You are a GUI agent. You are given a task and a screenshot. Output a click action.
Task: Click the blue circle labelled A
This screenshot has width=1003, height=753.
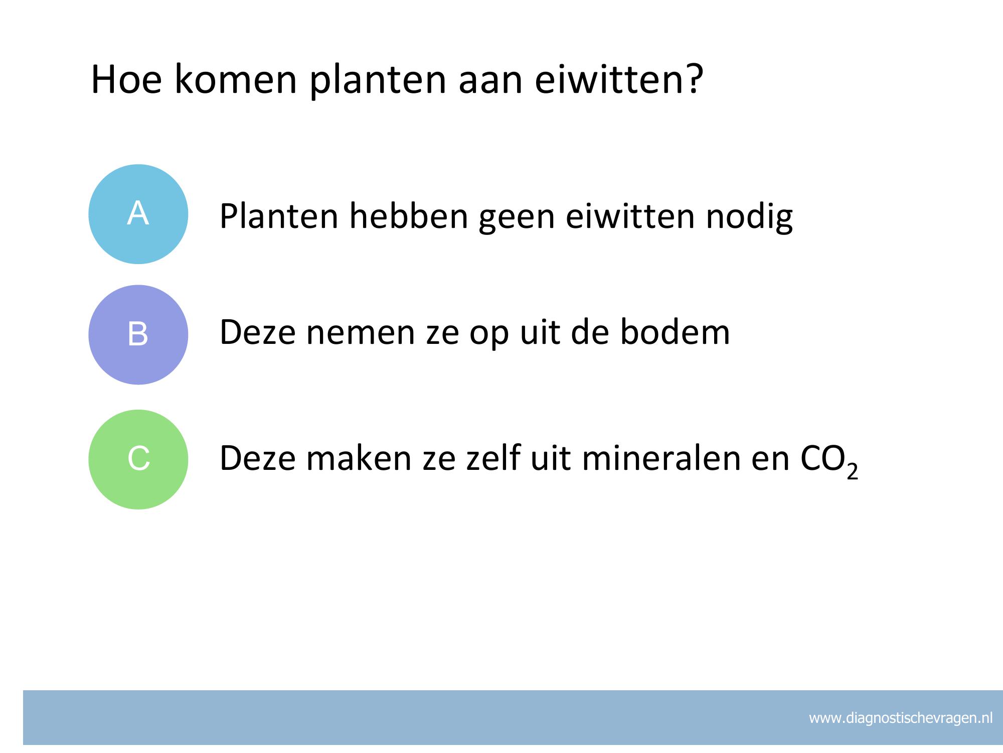pos(138,214)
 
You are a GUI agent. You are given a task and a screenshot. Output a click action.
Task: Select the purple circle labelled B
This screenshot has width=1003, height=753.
pos(138,335)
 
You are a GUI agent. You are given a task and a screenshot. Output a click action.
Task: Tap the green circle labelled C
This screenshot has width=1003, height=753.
pos(138,459)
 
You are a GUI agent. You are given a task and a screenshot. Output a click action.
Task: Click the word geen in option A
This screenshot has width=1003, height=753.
pos(517,220)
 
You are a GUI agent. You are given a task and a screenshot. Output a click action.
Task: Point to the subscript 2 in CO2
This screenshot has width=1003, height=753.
pos(853,472)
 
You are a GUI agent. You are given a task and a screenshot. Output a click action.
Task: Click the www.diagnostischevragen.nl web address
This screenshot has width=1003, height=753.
pos(901,718)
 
